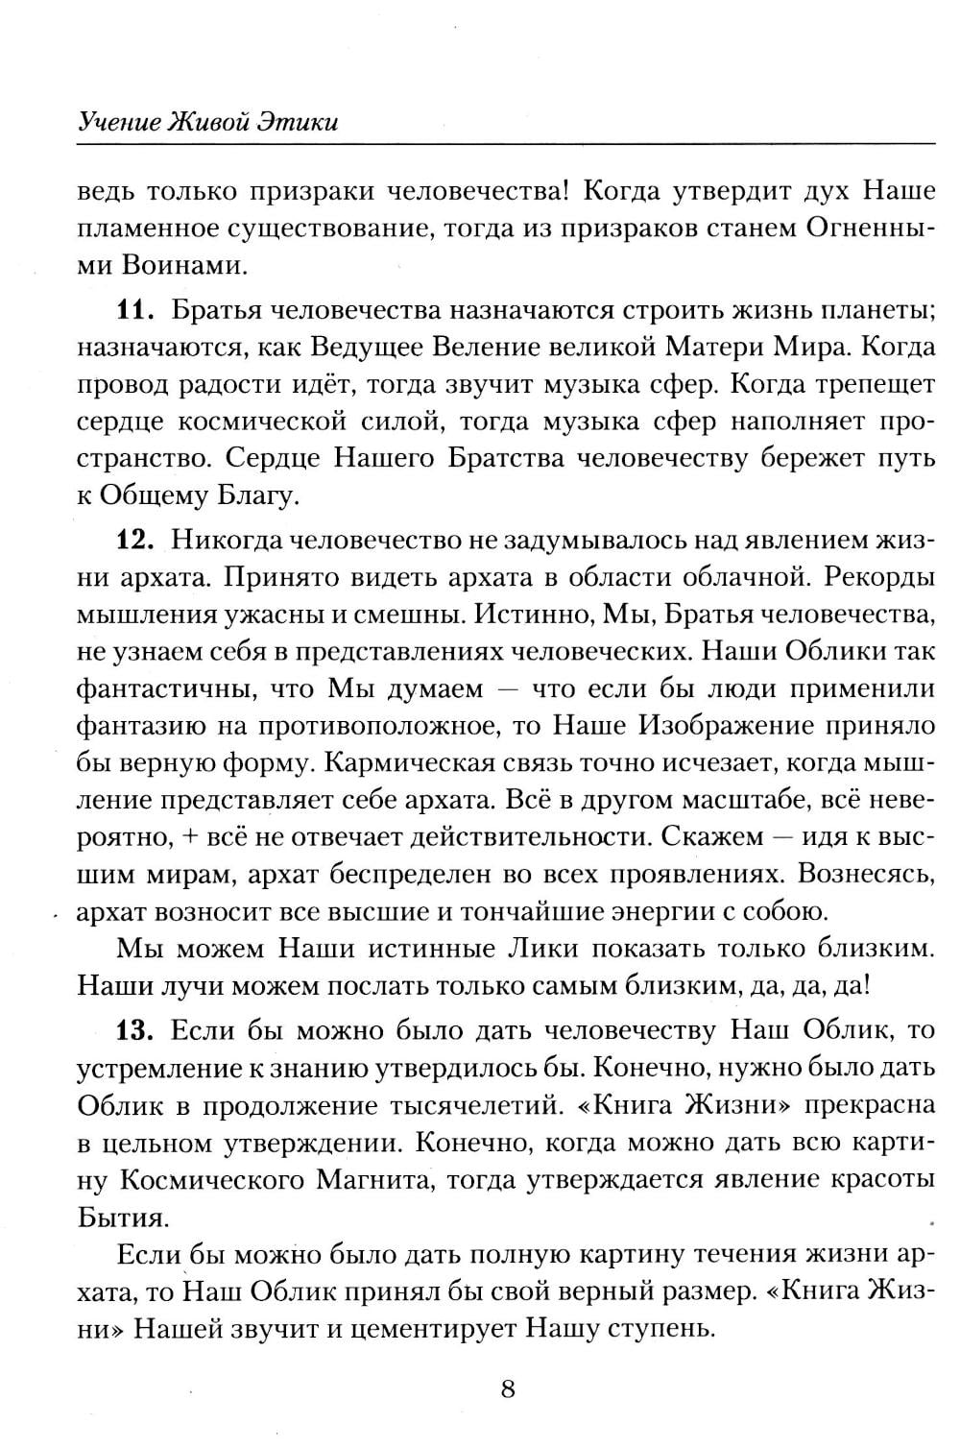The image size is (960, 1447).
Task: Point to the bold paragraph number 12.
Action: click(x=136, y=540)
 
